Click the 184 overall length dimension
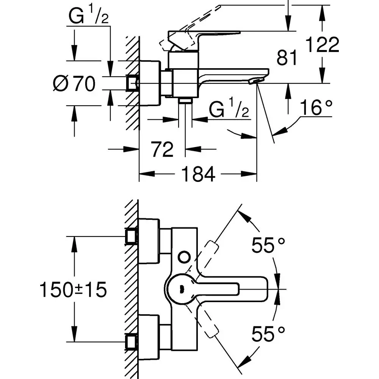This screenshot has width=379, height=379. tap(198, 174)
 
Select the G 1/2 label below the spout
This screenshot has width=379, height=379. tap(229, 111)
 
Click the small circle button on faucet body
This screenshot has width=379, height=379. tap(184, 257)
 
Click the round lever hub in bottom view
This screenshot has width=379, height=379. tap(181, 289)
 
